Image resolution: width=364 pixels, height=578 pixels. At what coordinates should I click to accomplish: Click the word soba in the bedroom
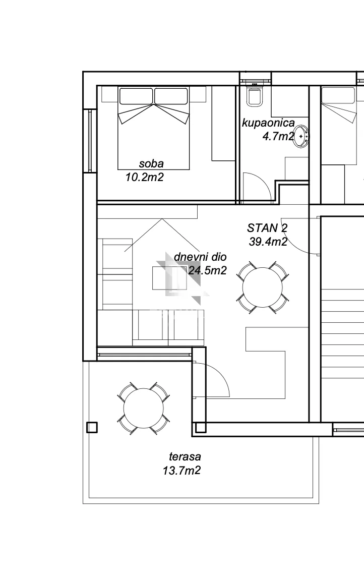point(151,164)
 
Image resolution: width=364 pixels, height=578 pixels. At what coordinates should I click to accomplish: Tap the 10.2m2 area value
point(144,178)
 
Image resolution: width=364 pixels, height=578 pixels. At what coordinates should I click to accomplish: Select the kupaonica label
point(268,123)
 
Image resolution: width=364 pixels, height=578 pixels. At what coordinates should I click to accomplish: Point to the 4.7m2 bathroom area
point(278,137)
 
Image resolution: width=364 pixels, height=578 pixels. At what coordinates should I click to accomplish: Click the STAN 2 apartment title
point(267,228)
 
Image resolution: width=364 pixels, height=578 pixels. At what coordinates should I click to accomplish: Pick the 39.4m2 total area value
point(268,242)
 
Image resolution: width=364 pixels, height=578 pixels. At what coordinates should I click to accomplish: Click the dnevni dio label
point(200,257)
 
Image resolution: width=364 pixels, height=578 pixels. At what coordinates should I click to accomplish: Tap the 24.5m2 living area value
point(207,270)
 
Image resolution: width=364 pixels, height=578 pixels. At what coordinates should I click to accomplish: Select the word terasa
point(185,457)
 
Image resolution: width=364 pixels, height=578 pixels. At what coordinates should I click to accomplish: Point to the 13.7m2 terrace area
point(182,471)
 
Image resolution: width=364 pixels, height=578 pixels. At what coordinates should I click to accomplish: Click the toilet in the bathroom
point(255,95)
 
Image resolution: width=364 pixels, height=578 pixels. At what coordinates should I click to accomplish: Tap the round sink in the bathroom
point(301,136)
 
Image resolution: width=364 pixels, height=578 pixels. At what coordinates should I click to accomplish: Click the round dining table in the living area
point(262,287)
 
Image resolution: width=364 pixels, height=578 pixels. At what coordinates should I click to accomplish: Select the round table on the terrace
point(143,408)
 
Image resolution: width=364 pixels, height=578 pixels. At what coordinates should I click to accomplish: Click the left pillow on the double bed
point(136,96)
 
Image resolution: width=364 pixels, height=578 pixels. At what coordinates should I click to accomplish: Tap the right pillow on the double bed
point(171,96)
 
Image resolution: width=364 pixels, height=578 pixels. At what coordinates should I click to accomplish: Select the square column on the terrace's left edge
point(92,427)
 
